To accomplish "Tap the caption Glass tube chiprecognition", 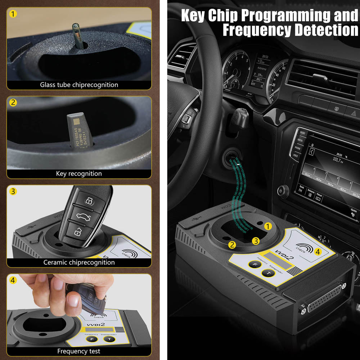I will pos(79,85).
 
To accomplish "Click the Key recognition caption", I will pos(79,174).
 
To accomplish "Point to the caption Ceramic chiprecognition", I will pos(79,262).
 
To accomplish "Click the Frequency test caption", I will pos(79,351).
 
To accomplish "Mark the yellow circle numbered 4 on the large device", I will pos(318,252).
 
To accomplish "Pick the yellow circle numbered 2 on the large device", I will pos(232,245).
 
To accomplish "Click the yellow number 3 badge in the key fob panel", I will pos(13,191).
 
